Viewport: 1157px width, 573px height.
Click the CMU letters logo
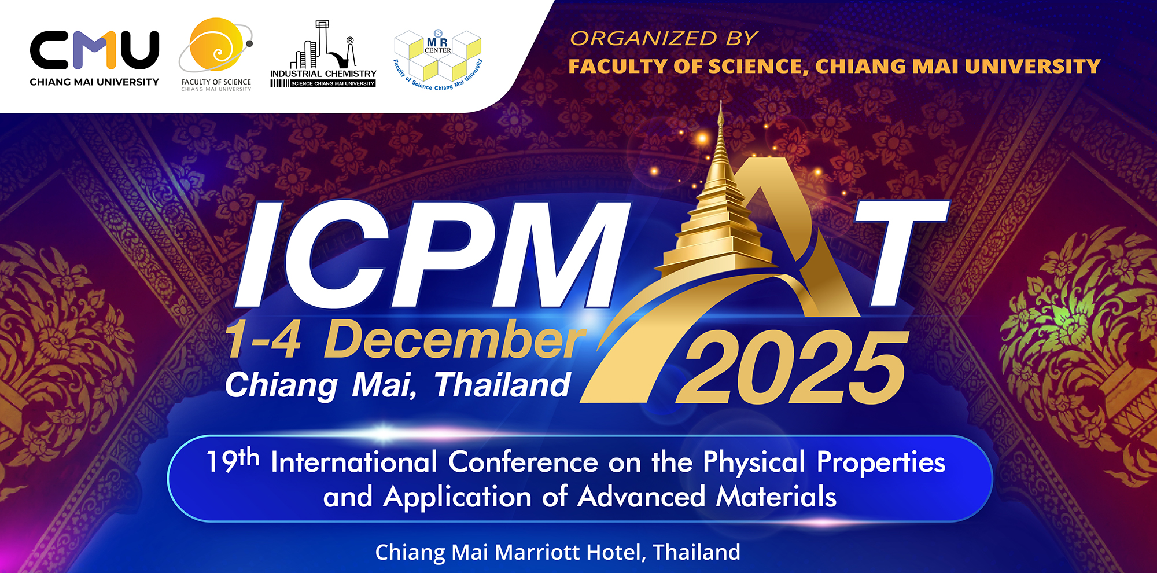click(94, 50)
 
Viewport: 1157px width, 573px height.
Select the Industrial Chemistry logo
click(323, 54)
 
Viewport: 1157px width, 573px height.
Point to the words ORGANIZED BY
click(664, 38)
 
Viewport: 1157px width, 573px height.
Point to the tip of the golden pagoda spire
click(721, 102)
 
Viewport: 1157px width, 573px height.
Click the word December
click(454, 340)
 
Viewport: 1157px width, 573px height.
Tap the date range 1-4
click(264, 340)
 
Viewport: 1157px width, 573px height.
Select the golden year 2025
click(791, 368)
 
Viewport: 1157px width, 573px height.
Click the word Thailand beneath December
click(502, 385)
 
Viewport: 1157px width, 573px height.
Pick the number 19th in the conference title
click(233, 461)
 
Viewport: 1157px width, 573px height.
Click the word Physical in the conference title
click(754, 464)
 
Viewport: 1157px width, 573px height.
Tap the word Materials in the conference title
click(776, 497)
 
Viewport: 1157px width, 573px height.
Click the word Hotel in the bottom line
click(616, 553)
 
